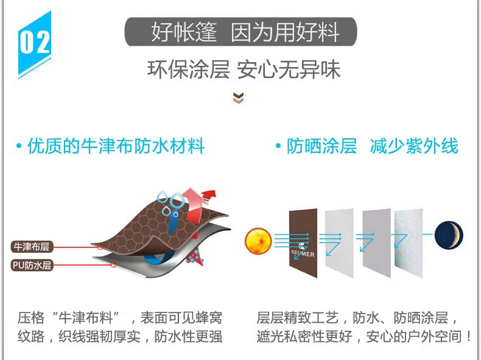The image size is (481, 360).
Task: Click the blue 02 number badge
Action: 35,43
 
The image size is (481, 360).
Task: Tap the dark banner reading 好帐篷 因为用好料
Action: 240,31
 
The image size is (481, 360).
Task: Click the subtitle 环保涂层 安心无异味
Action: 244,69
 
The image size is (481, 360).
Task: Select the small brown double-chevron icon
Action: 239,97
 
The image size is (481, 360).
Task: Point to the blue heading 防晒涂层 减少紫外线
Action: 366,146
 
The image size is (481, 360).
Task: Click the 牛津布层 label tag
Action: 31,247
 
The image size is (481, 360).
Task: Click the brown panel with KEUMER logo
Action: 303,241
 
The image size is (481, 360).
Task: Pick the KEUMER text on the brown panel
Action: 303,255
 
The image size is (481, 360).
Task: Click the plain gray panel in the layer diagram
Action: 377,242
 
